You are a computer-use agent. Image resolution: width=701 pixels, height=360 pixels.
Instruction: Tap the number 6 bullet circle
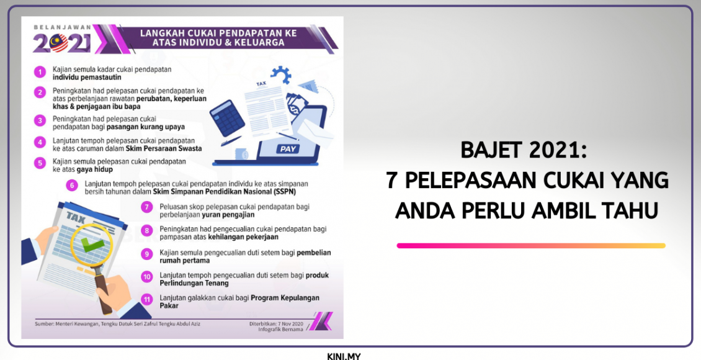pos(73,184)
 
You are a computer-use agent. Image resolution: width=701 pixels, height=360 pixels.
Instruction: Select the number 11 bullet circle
pos(146,299)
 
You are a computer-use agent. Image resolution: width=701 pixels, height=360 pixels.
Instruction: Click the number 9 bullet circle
pos(146,253)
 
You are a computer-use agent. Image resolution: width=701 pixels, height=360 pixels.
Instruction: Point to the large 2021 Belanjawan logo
pos(61,42)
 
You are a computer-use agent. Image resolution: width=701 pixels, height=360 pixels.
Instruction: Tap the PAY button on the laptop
pos(288,149)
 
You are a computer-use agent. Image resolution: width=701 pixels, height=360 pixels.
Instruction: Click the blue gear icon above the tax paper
pos(281,75)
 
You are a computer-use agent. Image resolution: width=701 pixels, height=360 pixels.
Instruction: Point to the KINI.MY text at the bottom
pos(344,356)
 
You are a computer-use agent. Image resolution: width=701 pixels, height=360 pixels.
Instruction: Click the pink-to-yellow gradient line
pos(530,246)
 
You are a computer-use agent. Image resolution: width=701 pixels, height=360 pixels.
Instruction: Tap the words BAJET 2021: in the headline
pos(524,151)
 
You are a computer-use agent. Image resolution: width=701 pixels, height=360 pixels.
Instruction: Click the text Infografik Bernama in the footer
pos(281,329)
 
